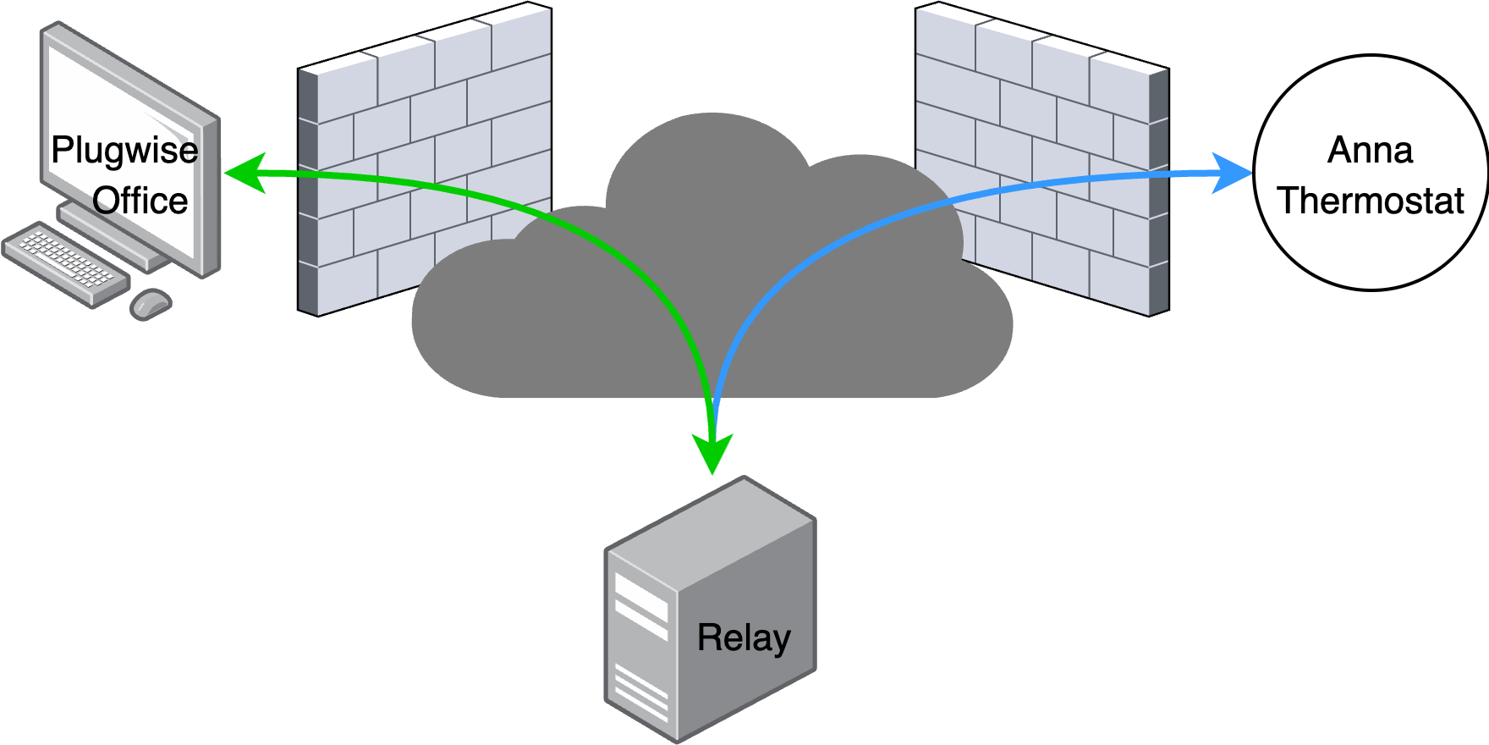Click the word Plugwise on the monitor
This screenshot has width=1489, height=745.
pos(124,151)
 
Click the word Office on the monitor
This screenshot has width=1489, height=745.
pos(140,201)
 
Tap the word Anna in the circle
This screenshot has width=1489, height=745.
pos(1370,151)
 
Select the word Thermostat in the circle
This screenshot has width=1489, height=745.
pos(1371,201)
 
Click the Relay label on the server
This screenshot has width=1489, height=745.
pos(744,637)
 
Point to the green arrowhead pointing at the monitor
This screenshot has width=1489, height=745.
pos(245,173)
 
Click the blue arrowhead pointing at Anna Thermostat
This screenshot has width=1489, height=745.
pos(1232,173)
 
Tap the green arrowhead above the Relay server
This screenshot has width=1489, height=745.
pos(712,453)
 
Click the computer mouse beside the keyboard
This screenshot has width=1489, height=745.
pos(151,303)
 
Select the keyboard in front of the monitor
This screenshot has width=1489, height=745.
pos(63,262)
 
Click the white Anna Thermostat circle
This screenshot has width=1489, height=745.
pos(1371,246)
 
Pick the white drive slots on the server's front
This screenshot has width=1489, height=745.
pos(640,606)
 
